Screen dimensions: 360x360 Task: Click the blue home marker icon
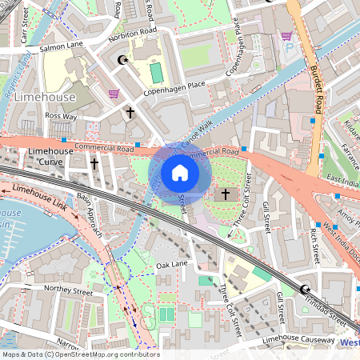[180, 173]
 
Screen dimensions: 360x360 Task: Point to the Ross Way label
[60, 116]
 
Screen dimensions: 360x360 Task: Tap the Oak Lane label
[171, 264]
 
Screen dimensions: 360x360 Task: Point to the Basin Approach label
[89, 218]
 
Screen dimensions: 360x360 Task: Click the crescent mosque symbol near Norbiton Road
[122, 59]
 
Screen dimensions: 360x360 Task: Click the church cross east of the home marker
[225, 194]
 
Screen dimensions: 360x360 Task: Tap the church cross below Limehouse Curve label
[94, 163]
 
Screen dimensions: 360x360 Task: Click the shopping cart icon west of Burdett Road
[286, 35]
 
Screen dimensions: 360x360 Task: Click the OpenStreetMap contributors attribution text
[80, 354]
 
